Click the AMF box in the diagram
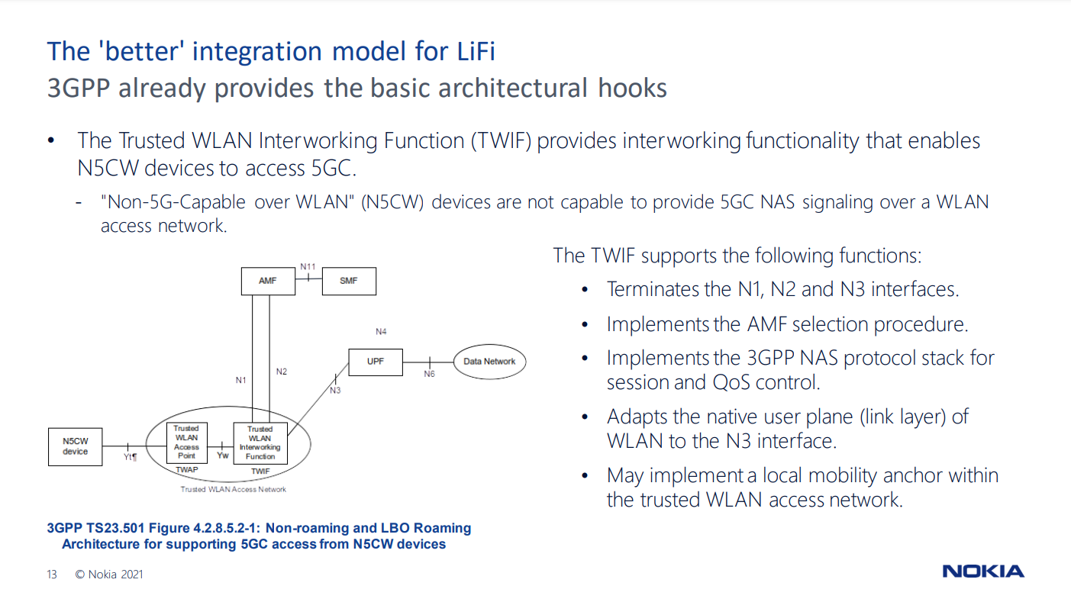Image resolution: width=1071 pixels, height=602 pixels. tap(267, 281)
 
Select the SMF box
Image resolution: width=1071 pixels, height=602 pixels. tap(348, 281)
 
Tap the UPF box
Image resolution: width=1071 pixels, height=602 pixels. tap(376, 362)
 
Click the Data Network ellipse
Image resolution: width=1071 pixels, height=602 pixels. tap(489, 362)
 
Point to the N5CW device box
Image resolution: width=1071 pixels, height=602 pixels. tap(75, 446)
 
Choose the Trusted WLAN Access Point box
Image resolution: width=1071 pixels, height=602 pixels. tap(186, 443)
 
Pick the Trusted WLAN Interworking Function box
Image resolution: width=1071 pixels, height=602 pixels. tap(260, 443)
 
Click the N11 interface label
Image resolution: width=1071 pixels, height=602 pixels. tap(308, 266)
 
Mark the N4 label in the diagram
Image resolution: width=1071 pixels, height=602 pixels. tap(381, 332)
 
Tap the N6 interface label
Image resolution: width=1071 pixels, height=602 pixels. tap(430, 375)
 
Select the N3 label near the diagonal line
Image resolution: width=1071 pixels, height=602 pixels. tap(335, 391)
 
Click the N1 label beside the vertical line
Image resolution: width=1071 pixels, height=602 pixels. tap(241, 379)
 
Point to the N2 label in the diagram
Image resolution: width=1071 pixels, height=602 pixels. tap(282, 372)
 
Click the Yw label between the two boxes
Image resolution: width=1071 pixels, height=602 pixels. tap(223, 456)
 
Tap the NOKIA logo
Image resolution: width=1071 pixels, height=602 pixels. tap(983, 571)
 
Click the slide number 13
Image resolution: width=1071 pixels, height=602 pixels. tap(52, 575)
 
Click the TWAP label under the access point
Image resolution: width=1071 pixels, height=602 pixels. tap(186, 470)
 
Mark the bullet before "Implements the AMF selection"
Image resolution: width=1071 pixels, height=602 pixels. tap(586, 325)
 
